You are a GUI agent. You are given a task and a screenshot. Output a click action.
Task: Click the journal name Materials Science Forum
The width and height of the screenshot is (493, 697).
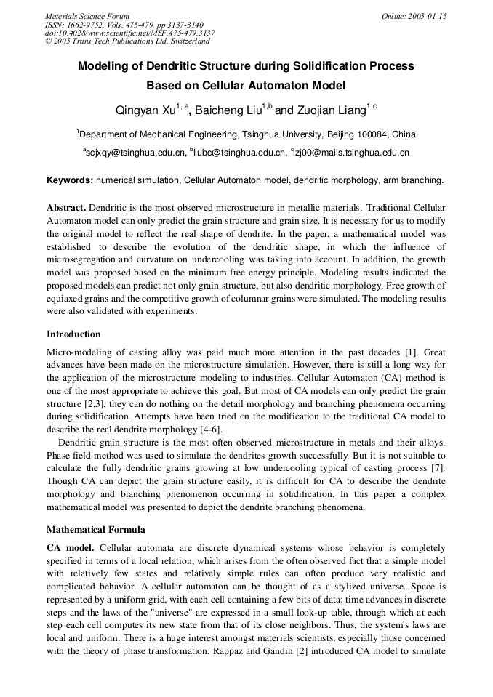[x=87, y=16]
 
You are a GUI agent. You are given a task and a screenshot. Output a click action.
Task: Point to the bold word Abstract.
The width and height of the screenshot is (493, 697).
[x=66, y=207]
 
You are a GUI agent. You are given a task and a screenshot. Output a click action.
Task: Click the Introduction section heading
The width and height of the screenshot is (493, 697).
[x=73, y=334]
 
